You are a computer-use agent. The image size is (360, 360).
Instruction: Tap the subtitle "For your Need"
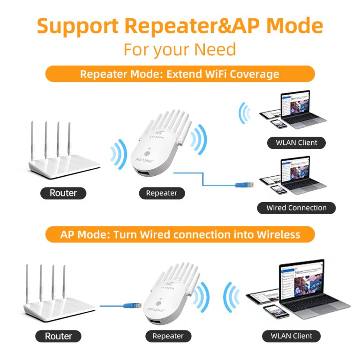180,49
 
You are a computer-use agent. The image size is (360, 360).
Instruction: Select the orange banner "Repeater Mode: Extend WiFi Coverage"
180,74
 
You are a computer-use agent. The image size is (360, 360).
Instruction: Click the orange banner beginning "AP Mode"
180,234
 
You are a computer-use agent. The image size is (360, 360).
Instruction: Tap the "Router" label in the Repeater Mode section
63,193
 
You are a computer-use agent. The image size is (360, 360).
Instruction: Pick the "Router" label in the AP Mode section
59,336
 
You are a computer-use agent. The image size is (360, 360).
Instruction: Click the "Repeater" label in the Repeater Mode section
162,193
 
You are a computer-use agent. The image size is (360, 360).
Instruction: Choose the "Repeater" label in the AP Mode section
168,336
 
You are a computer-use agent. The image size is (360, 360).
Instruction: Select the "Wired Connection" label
296,208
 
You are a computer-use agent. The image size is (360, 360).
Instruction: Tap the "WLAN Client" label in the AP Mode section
292,336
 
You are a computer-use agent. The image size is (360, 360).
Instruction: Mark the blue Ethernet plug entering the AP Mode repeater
129,306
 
